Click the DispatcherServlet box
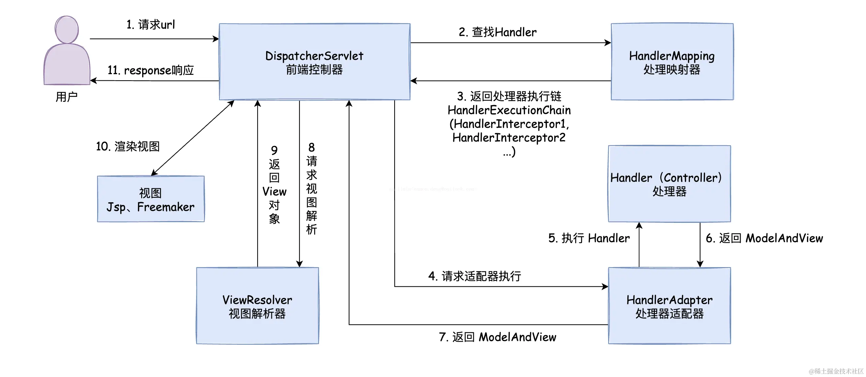click(315, 62)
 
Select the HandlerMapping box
click(672, 62)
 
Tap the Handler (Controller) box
click(669, 184)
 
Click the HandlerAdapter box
click(669, 306)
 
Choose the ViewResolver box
click(257, 306)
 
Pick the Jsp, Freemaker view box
click(151, 199)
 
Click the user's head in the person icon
click(67, 29)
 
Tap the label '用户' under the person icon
click(67, 97)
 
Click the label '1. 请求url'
click(151, 25)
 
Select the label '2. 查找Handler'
click(498, 32)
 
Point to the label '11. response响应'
click(151, 70)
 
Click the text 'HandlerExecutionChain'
click(509, 110)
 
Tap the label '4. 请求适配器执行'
click(475, 276)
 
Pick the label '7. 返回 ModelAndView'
click(498, 337)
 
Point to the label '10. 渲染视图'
click(128, 147)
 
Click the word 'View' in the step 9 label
click(274, 192)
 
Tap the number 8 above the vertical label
click(311, 148)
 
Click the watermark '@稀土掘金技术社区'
click(836, 371)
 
